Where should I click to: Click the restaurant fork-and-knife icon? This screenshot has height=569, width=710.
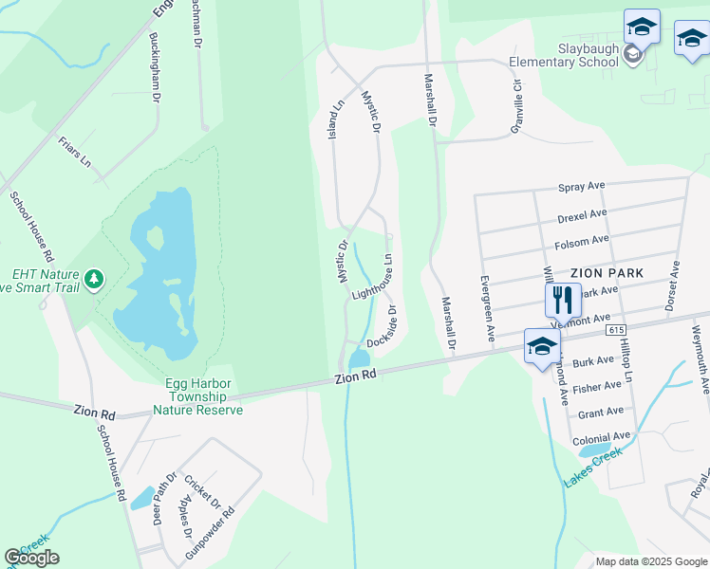(562, 300)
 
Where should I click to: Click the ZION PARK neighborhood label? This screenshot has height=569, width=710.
(607, 272)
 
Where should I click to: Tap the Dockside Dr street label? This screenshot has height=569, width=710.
(382, 326)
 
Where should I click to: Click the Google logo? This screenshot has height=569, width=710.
(32, 558)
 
